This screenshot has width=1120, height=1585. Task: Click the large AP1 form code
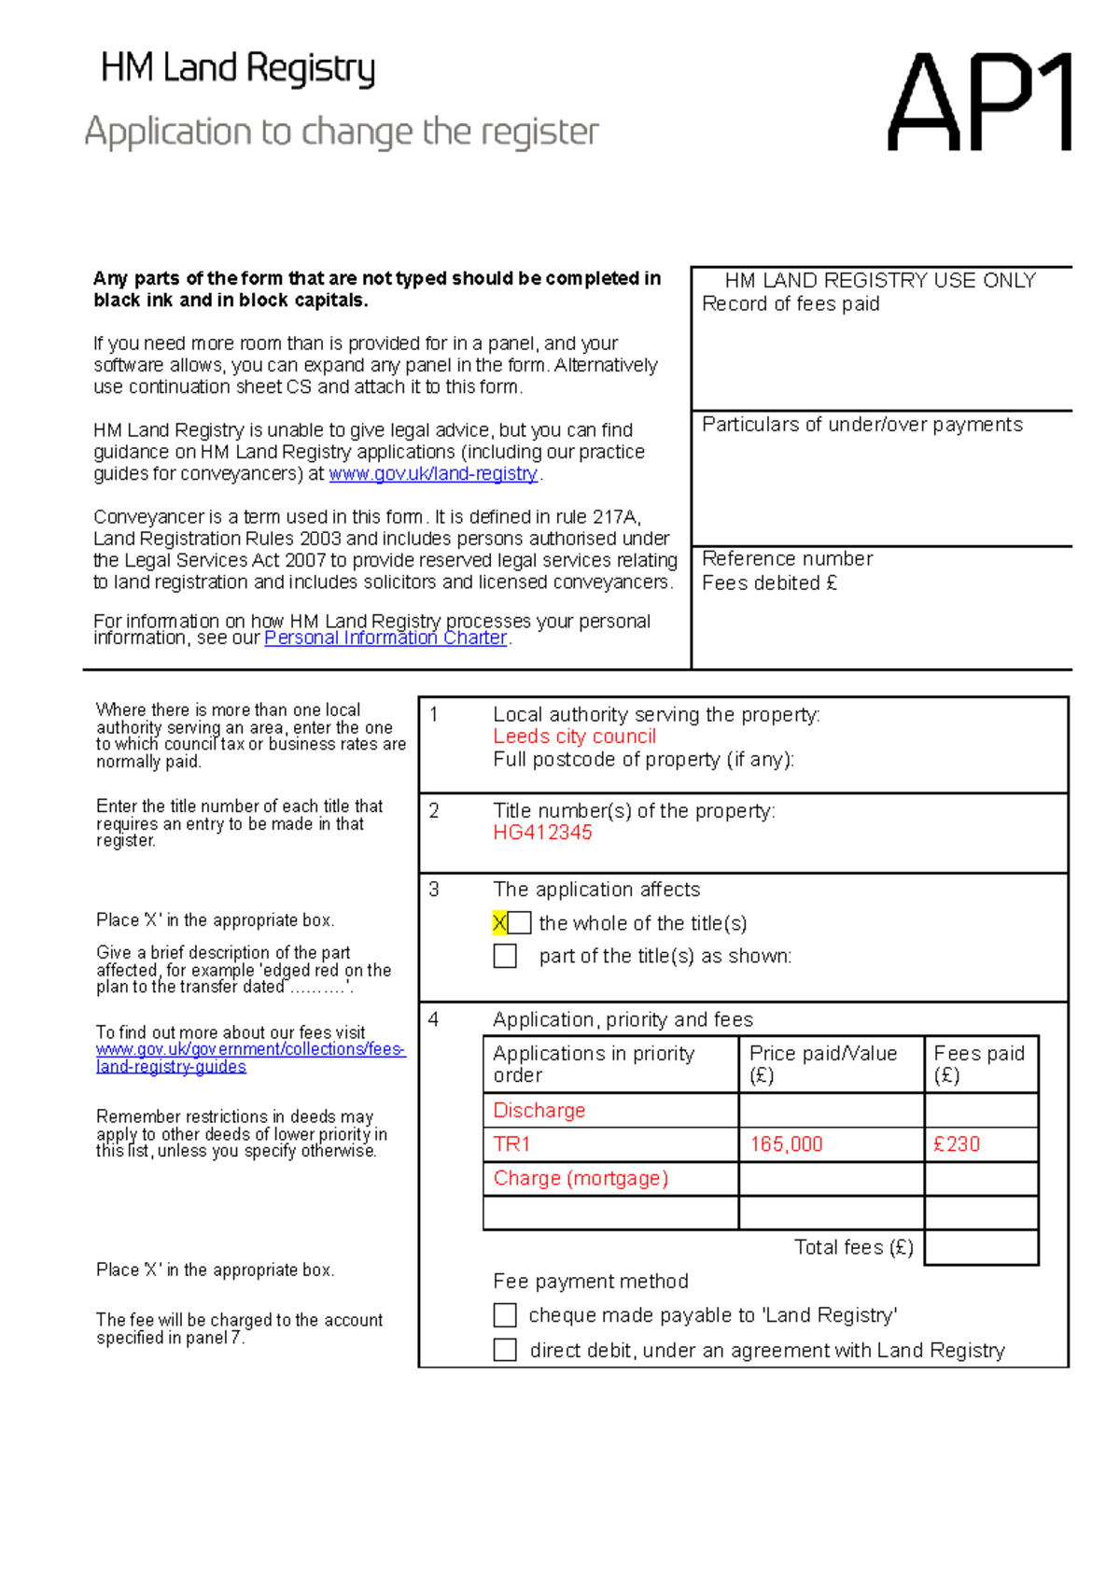point(980,103)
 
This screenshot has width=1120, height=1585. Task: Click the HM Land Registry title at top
point(238,69)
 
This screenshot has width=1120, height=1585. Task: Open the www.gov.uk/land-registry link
point(433,474)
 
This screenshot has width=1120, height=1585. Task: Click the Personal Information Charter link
point(385,638)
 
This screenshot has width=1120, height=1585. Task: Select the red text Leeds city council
point(574,736)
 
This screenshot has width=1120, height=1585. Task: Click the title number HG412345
point(542,833)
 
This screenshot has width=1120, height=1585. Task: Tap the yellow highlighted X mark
point(499,923)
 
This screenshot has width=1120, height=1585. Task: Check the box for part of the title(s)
point(505,956)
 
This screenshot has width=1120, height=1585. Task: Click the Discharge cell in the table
point(539,1111)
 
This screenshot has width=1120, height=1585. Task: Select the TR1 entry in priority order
point(512,1144)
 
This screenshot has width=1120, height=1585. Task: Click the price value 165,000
point(786,1144)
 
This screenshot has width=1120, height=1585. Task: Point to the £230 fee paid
point(957,1144)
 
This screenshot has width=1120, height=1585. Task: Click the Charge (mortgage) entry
point(581,1179)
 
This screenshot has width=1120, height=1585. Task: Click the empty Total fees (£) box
point(981,1248)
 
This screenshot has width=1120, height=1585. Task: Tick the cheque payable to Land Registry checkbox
point(505,1315)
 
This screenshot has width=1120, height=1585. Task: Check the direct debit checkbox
point(505,1350)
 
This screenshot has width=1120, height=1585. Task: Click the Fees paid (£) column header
point(979,1064)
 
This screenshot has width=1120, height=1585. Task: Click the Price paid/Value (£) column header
point(822,1064)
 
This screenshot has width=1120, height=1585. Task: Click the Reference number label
point(787,559)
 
